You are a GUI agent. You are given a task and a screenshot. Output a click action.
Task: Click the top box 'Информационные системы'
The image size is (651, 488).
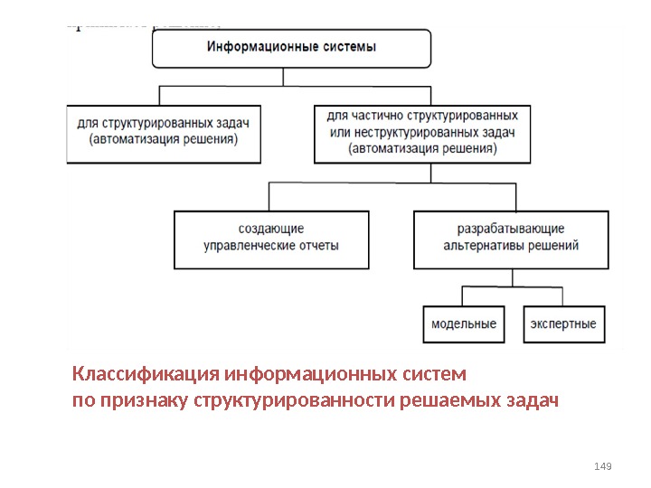289,48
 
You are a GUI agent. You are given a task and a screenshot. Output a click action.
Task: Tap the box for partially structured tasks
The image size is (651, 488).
422,133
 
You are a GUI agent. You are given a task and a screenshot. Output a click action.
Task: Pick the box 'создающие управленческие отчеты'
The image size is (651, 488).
271,239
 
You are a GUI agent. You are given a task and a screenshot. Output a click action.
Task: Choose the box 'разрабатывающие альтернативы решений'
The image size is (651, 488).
511,239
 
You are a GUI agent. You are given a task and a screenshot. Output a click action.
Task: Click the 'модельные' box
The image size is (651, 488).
464,324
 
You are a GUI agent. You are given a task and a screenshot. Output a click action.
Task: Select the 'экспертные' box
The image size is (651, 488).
563,324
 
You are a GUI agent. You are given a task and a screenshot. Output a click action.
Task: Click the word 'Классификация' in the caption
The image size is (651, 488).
146,373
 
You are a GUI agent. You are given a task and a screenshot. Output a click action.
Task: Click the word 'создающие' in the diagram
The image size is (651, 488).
271,230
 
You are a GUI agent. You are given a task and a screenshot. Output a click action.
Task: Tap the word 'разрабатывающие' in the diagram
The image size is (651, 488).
511,230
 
